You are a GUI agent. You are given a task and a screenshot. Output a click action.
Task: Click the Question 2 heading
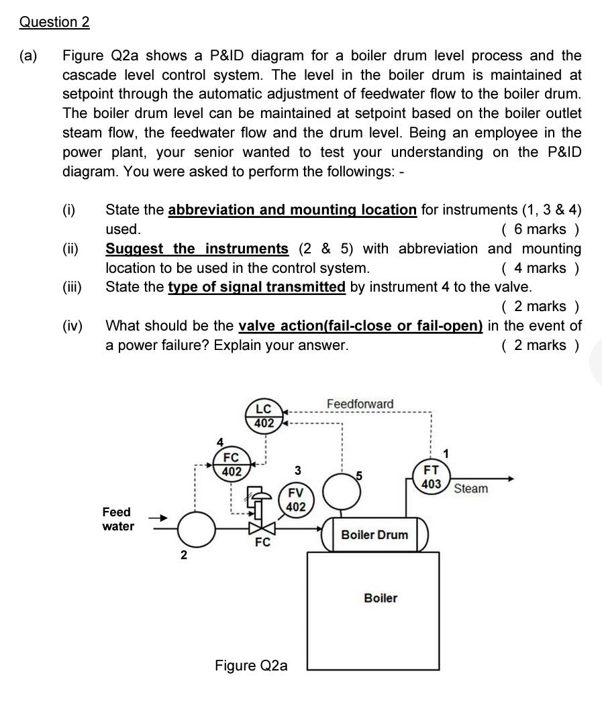pos(54,21)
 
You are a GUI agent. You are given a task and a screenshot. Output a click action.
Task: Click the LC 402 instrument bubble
pos(264,416)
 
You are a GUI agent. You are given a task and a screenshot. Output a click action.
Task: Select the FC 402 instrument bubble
pos(232,463)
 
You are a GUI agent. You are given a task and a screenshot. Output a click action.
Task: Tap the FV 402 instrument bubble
pos(295,500)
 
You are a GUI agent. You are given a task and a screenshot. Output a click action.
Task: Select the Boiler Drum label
pos(374,534)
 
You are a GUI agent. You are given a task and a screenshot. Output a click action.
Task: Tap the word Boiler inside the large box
pos(380,597)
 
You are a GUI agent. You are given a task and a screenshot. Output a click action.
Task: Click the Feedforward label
pos(360,404)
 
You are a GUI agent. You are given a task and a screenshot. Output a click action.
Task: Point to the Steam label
pos(470,488)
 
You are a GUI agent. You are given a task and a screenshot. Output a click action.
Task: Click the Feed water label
pos(117,519)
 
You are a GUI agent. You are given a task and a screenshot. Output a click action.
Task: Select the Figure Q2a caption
pos(251,665)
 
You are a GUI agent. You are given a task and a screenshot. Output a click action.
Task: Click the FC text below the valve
pos(262,542)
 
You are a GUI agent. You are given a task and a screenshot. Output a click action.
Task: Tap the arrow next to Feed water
pos(156,518)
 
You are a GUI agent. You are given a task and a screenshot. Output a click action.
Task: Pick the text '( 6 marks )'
pos(541,229)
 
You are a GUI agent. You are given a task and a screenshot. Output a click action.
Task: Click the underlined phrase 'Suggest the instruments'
pos(197,249)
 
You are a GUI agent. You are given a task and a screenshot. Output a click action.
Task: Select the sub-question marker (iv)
pos(72,327)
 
